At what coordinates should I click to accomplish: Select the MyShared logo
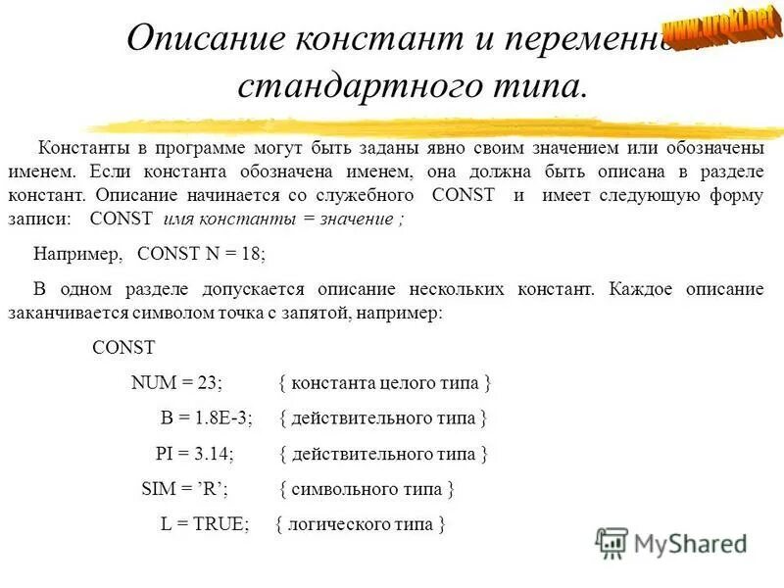point(671,541)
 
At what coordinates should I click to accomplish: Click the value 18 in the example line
point(250,252)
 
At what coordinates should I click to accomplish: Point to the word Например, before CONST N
point(78,252)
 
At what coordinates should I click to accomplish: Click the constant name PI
point(166,454)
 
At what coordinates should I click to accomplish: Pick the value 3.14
point(214,454)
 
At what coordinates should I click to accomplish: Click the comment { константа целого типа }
point(384,383)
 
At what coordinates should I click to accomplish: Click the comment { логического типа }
point(361,523)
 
